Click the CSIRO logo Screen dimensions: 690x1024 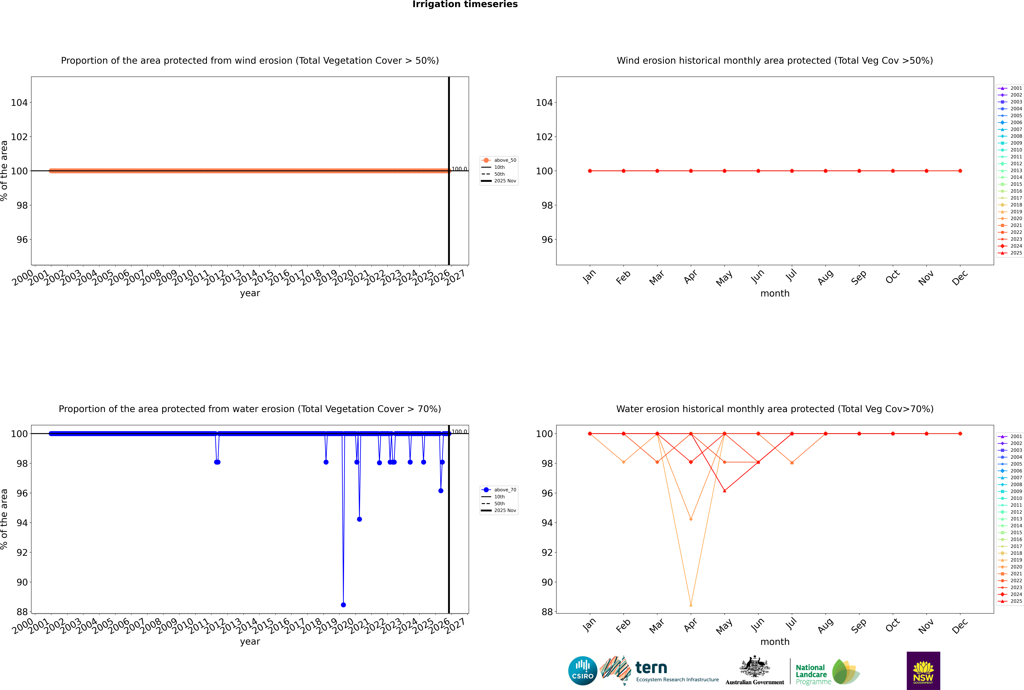pos(582,671)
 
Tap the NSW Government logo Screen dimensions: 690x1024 pos(923,671)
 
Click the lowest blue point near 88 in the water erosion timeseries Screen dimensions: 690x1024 pos(343,605)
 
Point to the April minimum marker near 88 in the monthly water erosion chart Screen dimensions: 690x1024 pos(691,605)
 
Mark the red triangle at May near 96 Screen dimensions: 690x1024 pos(725,491)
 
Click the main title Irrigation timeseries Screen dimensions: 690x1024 pos(465,4)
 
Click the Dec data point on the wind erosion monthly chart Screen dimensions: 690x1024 pos(960,171)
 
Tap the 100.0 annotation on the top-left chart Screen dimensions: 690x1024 pos(459,169)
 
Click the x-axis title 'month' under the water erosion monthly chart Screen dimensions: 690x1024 pos(775,642)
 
